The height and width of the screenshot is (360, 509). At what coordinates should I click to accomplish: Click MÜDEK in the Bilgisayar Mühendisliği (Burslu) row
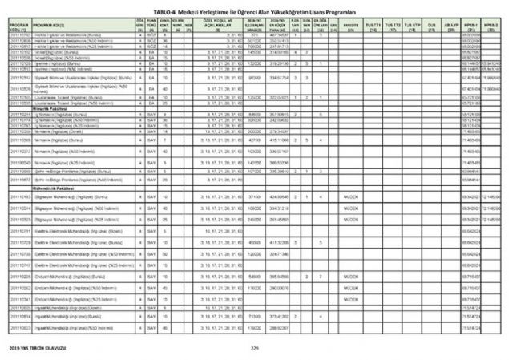[349, 197]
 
